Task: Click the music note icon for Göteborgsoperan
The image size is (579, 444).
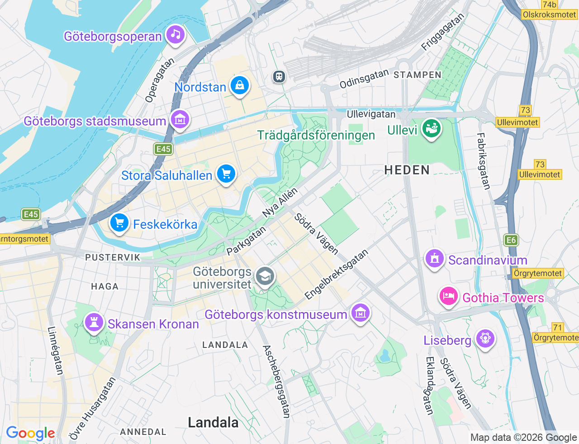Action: pyautogui.click(x=175, y=34)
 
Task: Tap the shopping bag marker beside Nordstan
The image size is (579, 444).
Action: pyautogui.click(x=239, y=85)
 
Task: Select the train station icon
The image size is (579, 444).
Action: pyautogui.click(x=279, y=77)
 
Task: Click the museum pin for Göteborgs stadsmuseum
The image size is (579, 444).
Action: pyautogui.click(x=180, y=120)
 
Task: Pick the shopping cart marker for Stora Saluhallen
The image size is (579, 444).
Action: pyautogui.click(x=226, y=174)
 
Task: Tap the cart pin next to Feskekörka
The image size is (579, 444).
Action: pyautogui.click(x=119, y=223)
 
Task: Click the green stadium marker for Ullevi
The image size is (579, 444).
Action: pyautogui.click(x=431, y=129)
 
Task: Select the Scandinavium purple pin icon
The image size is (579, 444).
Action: pyautogui.click(x=434, y=259)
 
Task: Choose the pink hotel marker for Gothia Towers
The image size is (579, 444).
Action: pyautogui.click(x=448, y=296)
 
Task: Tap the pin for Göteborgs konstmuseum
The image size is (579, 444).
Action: pyautogui.click(x=360, y=313)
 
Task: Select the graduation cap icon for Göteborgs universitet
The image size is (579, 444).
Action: pyautogui.click(x=265, y=276)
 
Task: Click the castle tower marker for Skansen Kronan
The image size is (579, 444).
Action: pyautogui.click(x=94, y=323)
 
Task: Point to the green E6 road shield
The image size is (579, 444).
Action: pyautogui.click(x=511, y=240)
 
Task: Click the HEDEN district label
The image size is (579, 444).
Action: pyautogui.click(x=407, y=170)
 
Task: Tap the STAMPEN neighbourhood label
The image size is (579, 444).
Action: pyautogui.click(x=417, y=75)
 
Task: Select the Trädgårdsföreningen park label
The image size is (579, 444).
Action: pyautogui.click(x=316, y=135)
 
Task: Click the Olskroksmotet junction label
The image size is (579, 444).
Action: pyautogui.click(x=549, y=14)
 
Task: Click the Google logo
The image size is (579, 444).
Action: pyautogui.click(x=30, y=434)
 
